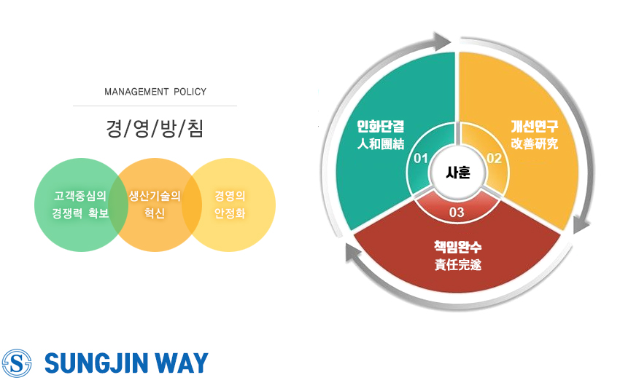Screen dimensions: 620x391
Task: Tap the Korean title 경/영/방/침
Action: (x=155, y=128)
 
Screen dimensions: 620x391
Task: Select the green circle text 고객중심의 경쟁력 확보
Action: (x=80, y=205)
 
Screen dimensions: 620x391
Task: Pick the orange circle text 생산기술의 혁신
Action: (x=155, y=205)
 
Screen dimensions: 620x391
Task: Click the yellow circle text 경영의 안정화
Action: (x=230, y=205)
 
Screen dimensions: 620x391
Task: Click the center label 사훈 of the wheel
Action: (x=458, y=173)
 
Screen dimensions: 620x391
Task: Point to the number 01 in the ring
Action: (x=421, y=159)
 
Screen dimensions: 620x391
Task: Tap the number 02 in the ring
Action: (x=495, y=159)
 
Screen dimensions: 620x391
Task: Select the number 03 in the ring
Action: (x=457, y=213)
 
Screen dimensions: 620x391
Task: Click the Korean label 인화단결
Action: (x=381, y=126)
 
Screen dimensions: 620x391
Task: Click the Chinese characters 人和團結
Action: (x=381, y=143)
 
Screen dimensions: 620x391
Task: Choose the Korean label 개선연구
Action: (x=535, y=126)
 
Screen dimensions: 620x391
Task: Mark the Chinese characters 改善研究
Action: (x=535, y=143)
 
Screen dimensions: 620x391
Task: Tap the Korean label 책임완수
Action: (x=458, y=247)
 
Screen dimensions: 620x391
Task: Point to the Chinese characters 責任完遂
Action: (x=458, y=264)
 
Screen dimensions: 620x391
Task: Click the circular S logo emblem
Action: (x=17, y=363)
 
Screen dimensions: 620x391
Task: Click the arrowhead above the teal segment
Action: (x=441, y=41)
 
